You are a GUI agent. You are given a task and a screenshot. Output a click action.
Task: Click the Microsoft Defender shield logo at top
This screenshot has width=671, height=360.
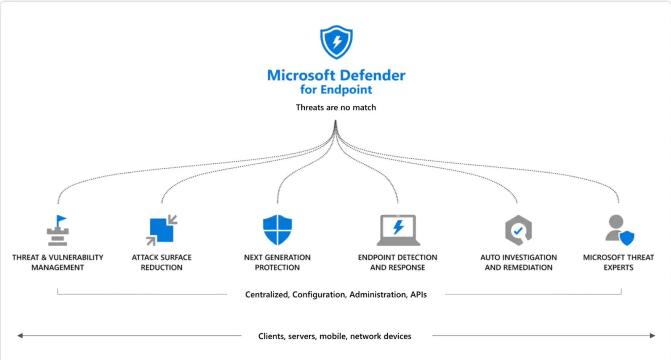pos(336,42)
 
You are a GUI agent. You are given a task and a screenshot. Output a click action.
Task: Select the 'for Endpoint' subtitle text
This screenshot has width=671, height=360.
pos(336,90)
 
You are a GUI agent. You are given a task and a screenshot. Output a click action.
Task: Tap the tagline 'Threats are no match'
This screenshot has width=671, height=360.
pos(336,108)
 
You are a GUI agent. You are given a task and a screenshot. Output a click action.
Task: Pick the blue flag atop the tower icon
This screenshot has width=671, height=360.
pos(61,220)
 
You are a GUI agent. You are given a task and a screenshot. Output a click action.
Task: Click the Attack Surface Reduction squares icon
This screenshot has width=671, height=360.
pos(162,230)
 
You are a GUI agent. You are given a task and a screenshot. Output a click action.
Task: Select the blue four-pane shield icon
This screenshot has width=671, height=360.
pos(277,230)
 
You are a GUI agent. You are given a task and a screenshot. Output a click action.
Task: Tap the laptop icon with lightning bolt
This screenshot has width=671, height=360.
pos(398,230)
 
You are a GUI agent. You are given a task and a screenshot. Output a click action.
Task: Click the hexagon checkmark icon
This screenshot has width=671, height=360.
pos(518,230)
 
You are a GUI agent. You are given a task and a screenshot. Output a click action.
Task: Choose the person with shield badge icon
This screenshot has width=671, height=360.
pos(619,230)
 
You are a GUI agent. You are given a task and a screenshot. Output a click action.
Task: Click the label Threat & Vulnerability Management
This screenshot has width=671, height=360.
pos(58,263)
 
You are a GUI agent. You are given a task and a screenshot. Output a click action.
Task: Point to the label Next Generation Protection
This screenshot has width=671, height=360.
pos(277,263)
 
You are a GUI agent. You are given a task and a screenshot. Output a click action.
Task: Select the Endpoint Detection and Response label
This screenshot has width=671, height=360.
pos(398,263)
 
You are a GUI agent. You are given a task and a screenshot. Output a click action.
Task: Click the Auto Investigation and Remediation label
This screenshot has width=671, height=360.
pos(518,263)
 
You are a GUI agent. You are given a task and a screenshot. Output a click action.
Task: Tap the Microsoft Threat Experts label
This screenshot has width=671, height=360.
pos(618,263)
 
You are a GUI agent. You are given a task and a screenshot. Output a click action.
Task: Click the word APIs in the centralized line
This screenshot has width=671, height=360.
pos(418,295)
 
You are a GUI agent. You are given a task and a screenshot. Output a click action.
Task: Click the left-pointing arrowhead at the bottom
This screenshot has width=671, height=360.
pos(20,336)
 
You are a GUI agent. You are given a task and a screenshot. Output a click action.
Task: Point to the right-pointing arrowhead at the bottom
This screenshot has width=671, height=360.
pos(652,336)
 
